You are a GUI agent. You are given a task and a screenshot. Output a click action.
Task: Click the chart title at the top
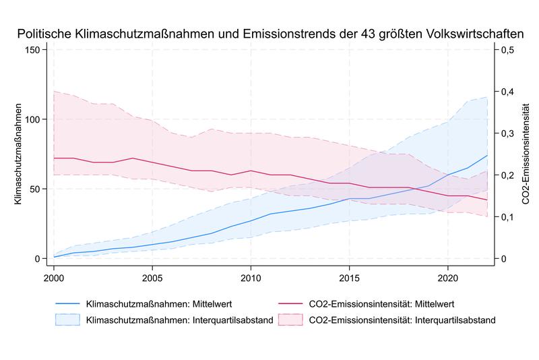pyautogui.click(x=269, y=33)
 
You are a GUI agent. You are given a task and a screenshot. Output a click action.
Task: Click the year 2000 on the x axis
pyautogui.click(x=54, y=277)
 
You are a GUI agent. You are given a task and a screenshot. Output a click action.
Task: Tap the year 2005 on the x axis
pyautogui.click(x=152, y=277)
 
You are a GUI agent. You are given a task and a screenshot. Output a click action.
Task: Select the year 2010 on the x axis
pyautogui.click(x=251, y=277)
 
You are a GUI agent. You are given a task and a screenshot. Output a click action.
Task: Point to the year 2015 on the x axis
pyautogui.click(x=349, y=277)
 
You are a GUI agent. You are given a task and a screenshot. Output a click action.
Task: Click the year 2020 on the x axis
pyautogui.click(x=447, y=277)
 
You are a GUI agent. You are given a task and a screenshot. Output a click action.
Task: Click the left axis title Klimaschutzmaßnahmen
pyautogui.click(x=18, y=154)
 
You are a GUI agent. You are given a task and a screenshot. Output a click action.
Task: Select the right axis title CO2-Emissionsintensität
pyautogui.click(x=525, y=154)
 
